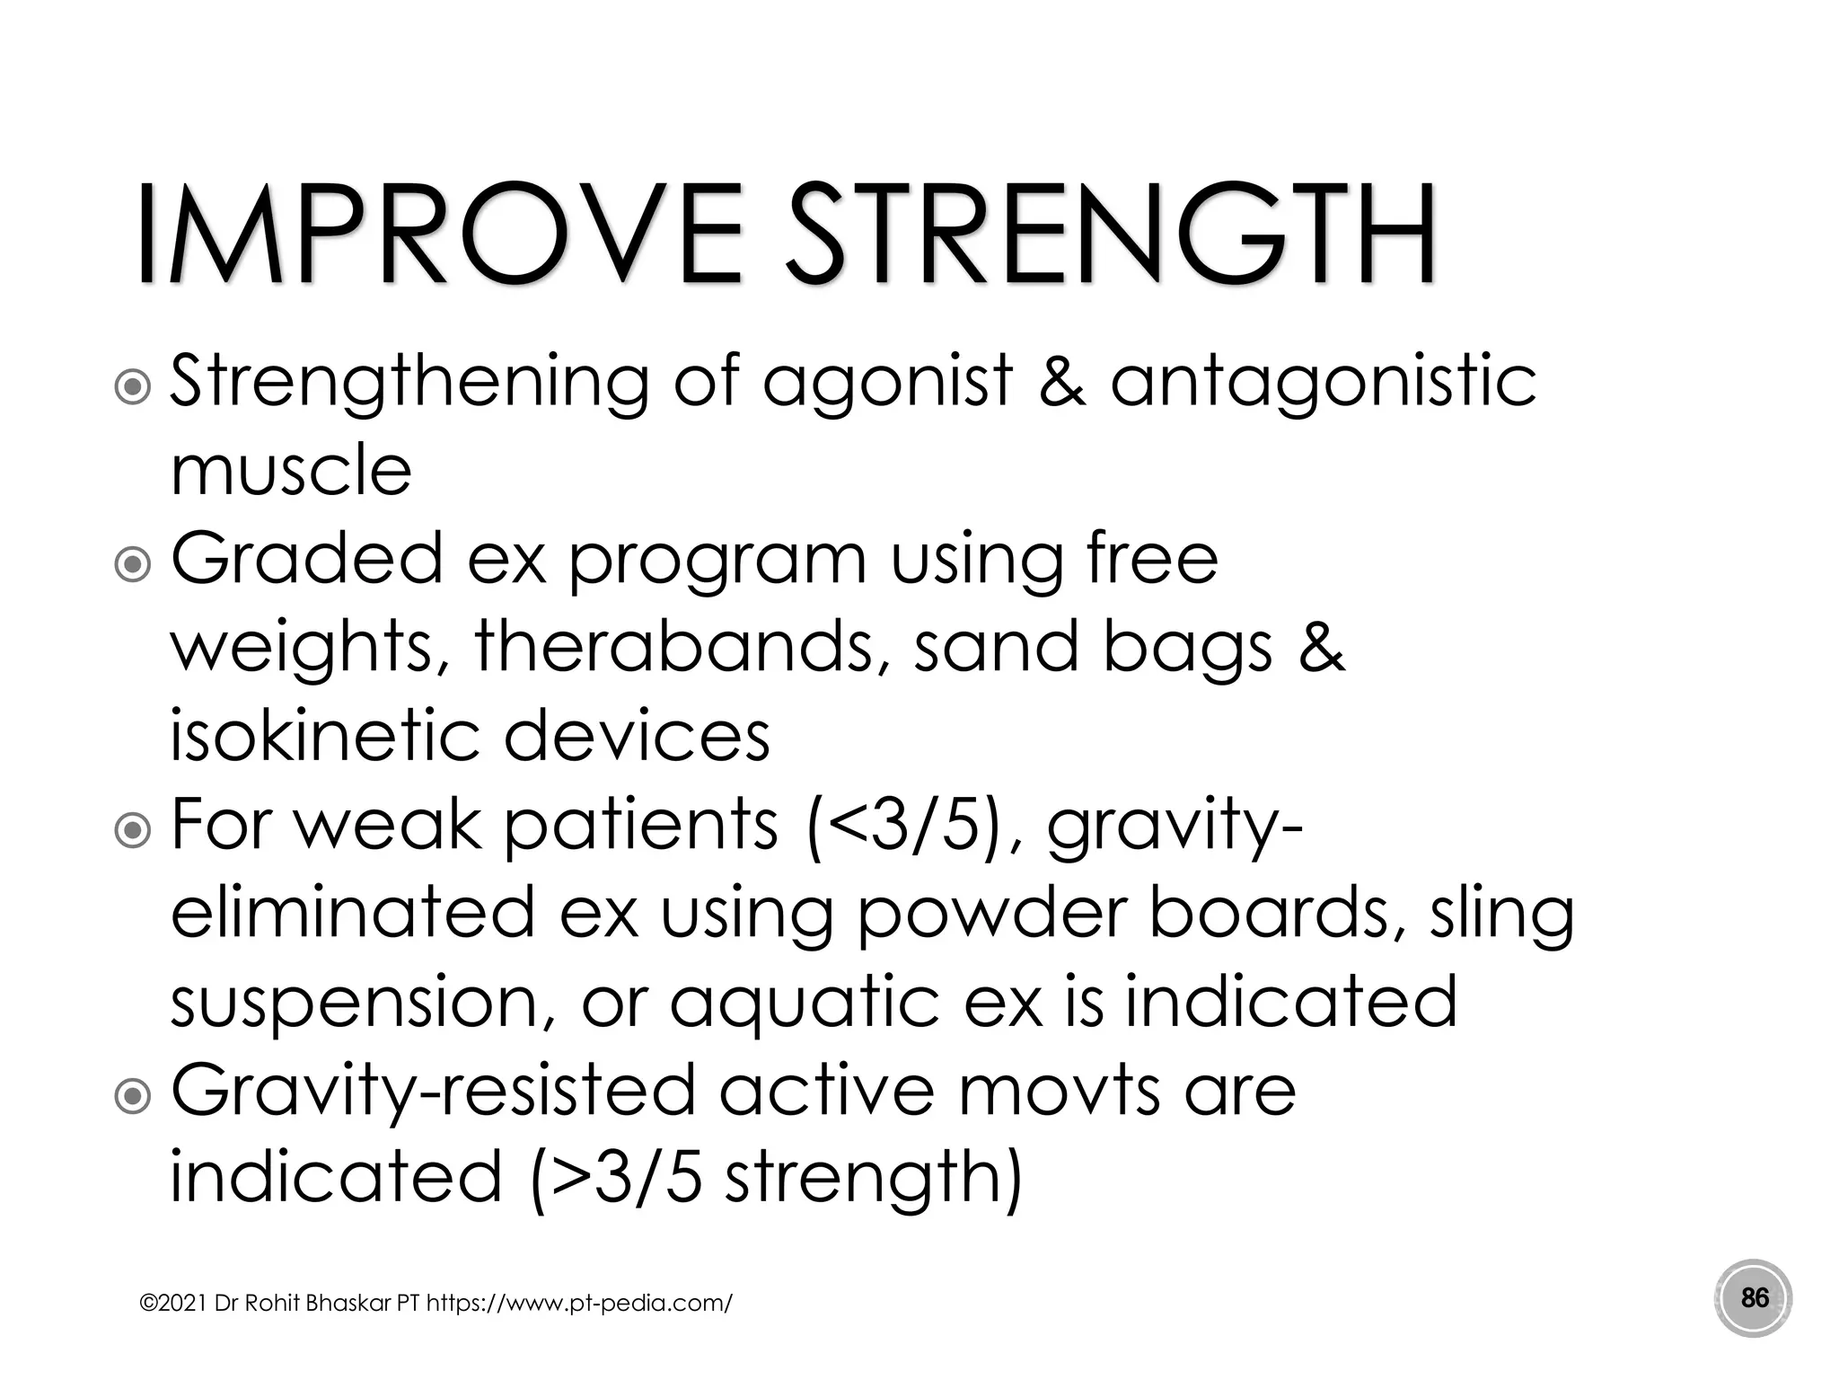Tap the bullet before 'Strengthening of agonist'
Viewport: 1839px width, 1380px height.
pyautogui.click(x=133, y=386)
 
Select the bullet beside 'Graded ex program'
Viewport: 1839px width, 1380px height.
pyautogui.click(x=133, y=564)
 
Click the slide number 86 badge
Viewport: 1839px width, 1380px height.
pyautogui.click(x=1754, y=1298)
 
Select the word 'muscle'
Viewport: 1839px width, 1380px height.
pyautogui.click(x=291, y=470)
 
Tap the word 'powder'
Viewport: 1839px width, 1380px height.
pyautogui.click(x=990, y=915)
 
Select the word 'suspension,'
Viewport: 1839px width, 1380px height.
pyautogui.click(x=362, y=1003)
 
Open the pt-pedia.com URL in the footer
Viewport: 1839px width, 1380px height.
pyautogui.click(x=578, y=1303)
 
